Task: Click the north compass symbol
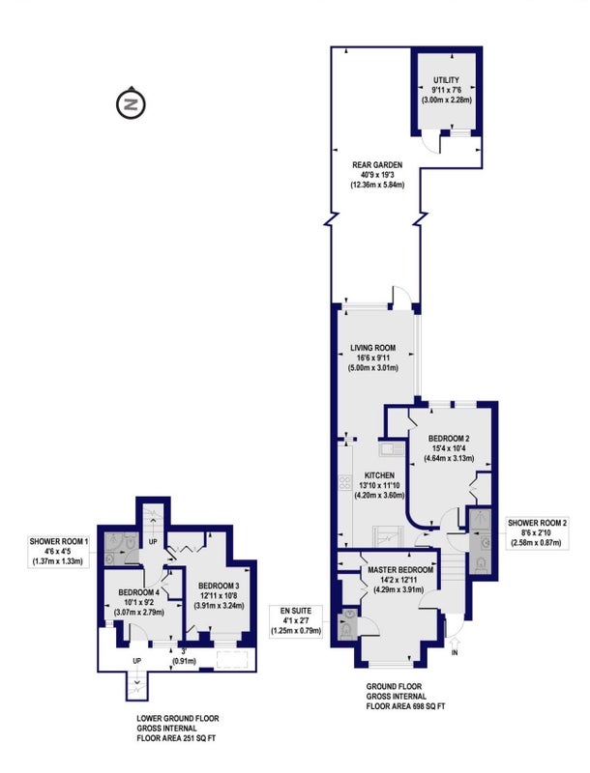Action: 132,103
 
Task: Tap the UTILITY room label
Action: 447,80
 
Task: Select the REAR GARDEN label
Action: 377,165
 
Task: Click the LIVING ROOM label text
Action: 373,348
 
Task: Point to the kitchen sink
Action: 391,449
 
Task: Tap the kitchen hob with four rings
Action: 345,482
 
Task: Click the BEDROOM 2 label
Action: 449,439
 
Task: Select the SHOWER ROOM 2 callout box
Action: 538,533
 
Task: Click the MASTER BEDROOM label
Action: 400,570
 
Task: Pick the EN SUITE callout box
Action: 296,620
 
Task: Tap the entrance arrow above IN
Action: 455,643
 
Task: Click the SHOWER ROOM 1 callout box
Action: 58,551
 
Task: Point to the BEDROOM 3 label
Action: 219,586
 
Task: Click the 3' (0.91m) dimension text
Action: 184,657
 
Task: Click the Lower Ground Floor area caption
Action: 178,729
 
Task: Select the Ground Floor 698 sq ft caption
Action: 405,696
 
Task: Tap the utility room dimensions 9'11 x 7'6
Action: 447,90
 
